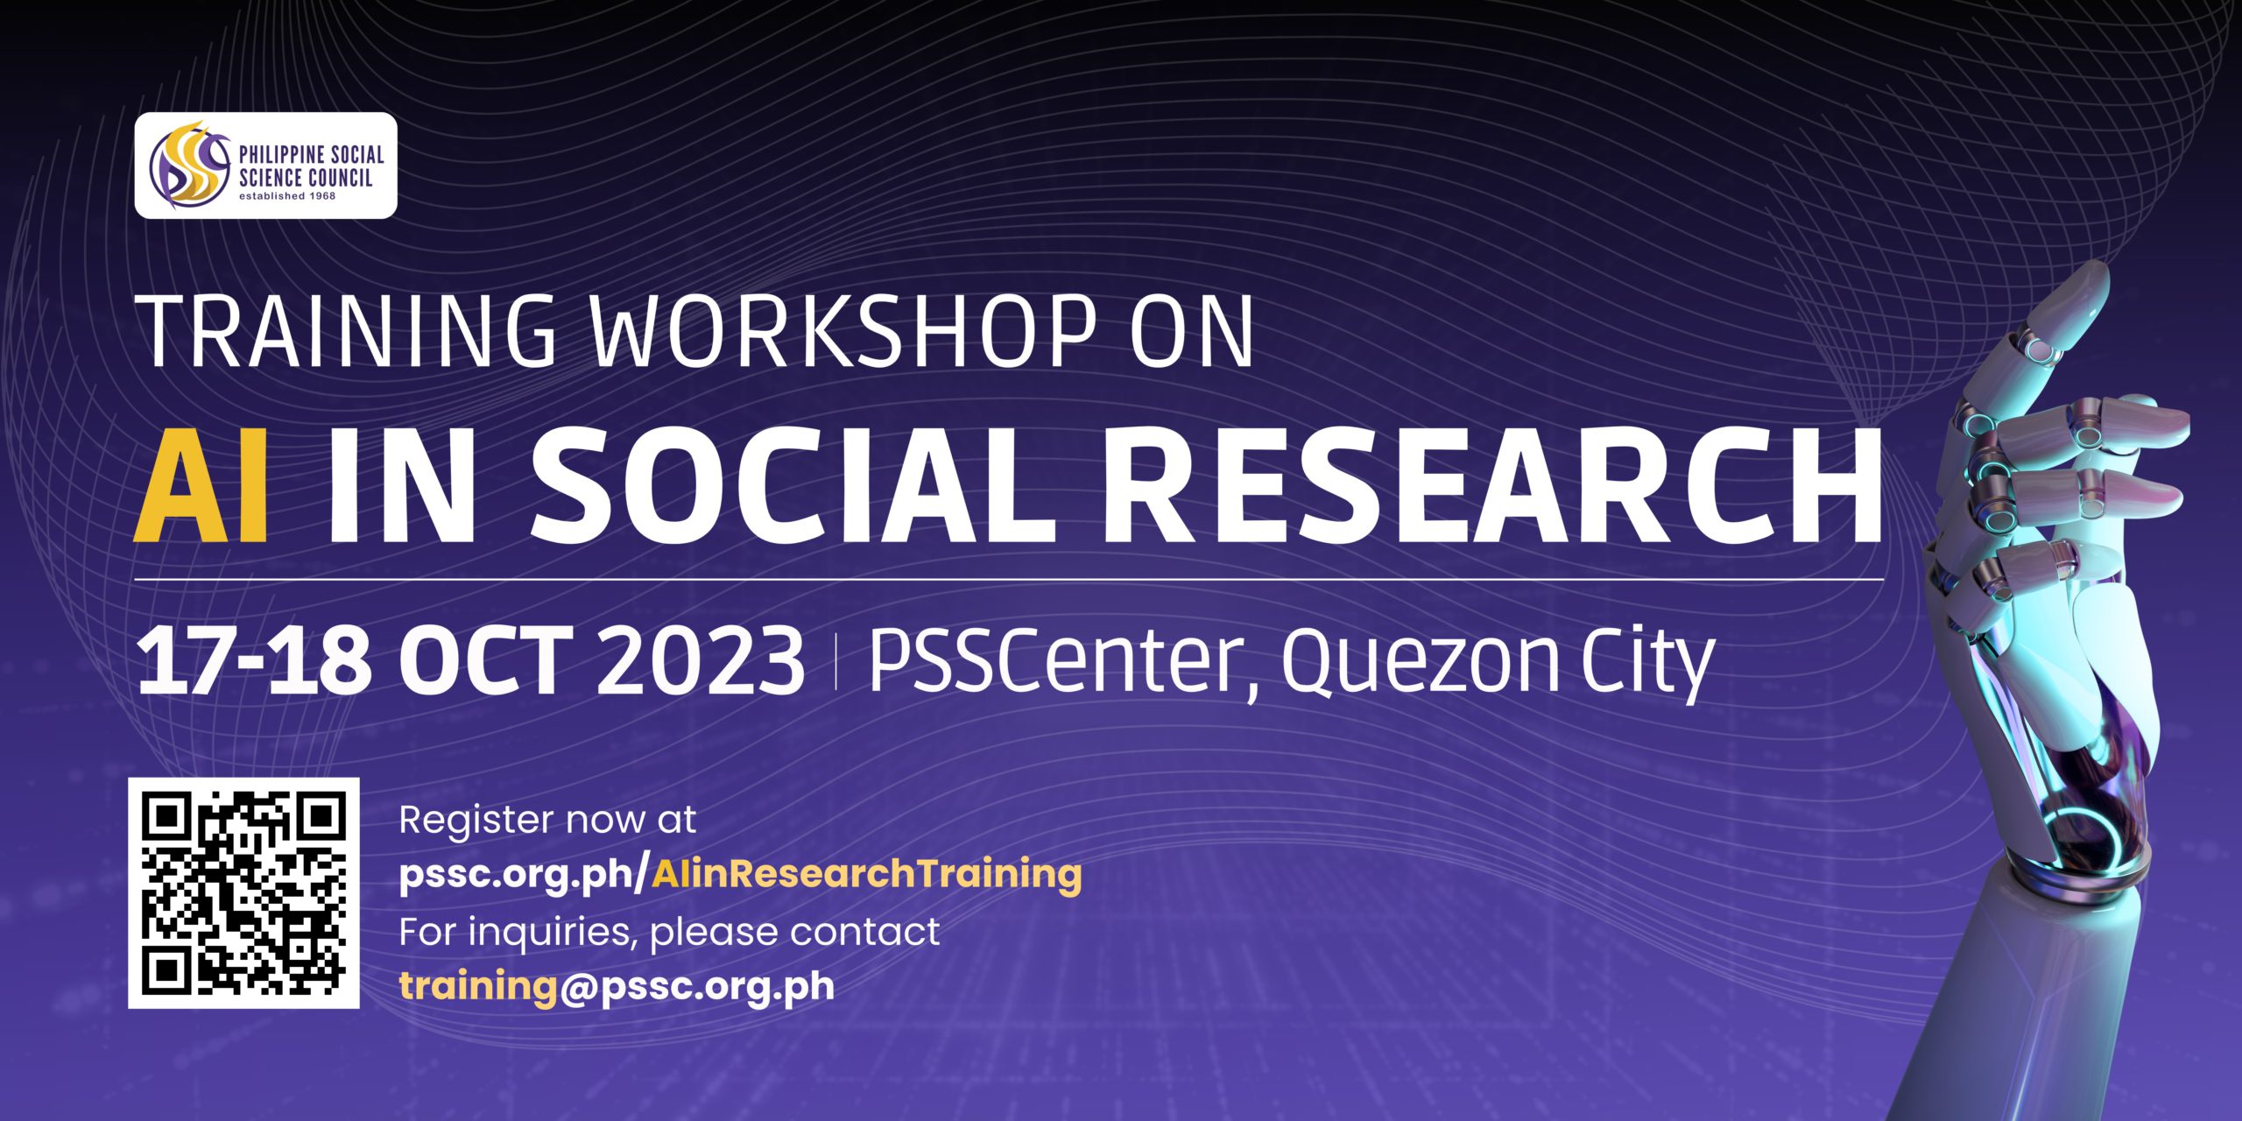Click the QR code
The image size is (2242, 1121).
[243, 892]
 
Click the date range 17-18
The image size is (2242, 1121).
[254, 661]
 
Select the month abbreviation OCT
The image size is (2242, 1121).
[491, 661]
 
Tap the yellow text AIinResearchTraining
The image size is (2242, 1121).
[867, 873]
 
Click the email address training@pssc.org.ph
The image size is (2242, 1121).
[617, 986]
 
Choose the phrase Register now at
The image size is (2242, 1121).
[547, 821]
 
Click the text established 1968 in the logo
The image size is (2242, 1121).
[287, 196]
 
